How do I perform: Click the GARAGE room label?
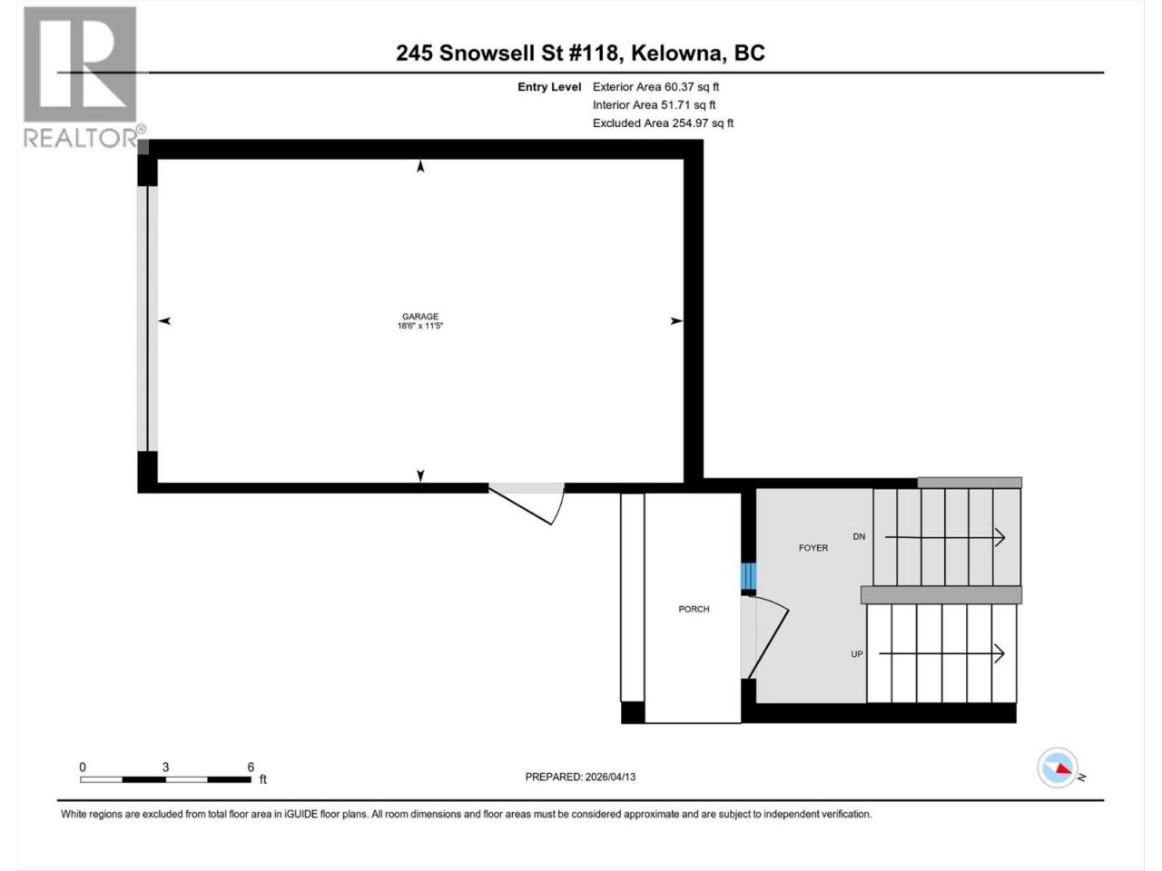pos(420,317)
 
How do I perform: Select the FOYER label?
pos(813,548)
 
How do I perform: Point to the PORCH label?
pos(694,609)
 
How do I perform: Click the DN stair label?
pos(859,537)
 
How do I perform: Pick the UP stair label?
pos(857,654)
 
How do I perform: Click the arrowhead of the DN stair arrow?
pos(1000,538)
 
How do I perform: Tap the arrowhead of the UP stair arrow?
pos(1000,653)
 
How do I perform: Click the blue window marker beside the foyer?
pos(748,576)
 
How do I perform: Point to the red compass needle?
pos(1063,769)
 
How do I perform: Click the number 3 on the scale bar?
pos(166,767)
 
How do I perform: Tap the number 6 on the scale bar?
pos(251,767)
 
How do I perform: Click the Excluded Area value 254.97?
pos(689,123)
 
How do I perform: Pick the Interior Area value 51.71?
pos(675,105)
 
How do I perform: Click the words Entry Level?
pos(549,87)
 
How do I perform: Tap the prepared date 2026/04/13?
pos(610,777)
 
